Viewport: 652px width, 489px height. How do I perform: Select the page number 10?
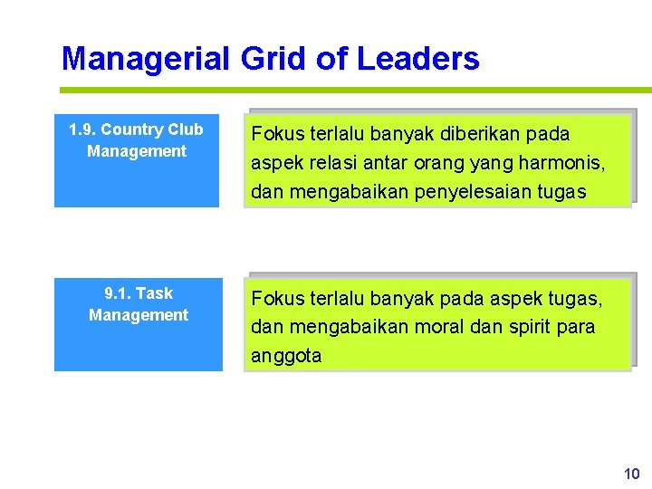tap(631, 474)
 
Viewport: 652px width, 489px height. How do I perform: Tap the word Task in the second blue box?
tap(155, 293)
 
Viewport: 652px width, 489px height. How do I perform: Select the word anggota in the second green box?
tap(286, 356)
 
